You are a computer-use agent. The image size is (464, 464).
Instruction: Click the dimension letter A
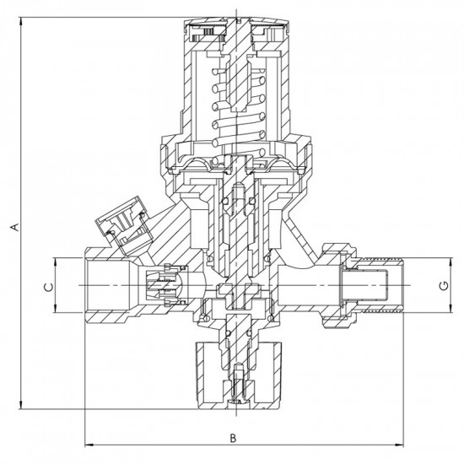tap(15, 227)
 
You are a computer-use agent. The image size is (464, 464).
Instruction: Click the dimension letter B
tap(233, 438)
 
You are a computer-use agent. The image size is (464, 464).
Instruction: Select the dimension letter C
tap(49, 287)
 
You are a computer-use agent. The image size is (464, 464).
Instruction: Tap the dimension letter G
tap(444, 286)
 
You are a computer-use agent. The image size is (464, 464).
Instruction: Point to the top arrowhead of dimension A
tap(20, 22)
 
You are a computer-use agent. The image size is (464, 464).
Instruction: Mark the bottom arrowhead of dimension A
tap(20, 405)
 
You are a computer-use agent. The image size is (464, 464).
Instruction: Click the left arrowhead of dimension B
tap(89, 445)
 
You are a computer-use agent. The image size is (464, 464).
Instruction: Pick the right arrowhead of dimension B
tap(399, 445)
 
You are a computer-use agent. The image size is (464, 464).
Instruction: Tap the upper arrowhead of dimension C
tap(55, 262)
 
